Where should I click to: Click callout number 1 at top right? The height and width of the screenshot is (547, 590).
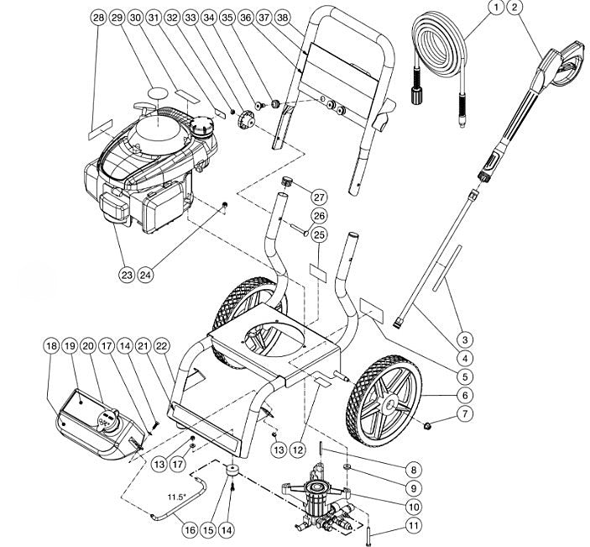496,8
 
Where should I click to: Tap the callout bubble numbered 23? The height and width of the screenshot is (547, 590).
128,273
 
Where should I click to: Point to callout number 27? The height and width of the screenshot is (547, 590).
319,197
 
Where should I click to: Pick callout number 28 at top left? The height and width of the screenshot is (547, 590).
99,18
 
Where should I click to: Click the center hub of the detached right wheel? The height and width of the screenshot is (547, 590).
389,407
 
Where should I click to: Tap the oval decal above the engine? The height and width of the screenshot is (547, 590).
158,90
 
